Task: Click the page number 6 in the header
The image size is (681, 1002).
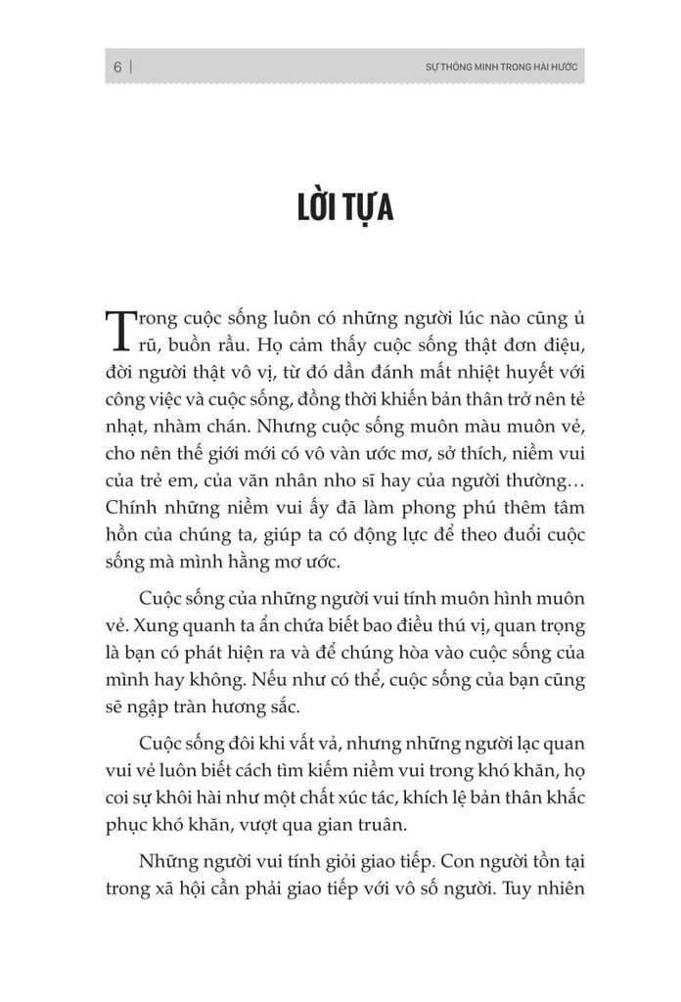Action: [116, 68]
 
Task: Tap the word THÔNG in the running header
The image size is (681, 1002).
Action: [452, 68]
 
